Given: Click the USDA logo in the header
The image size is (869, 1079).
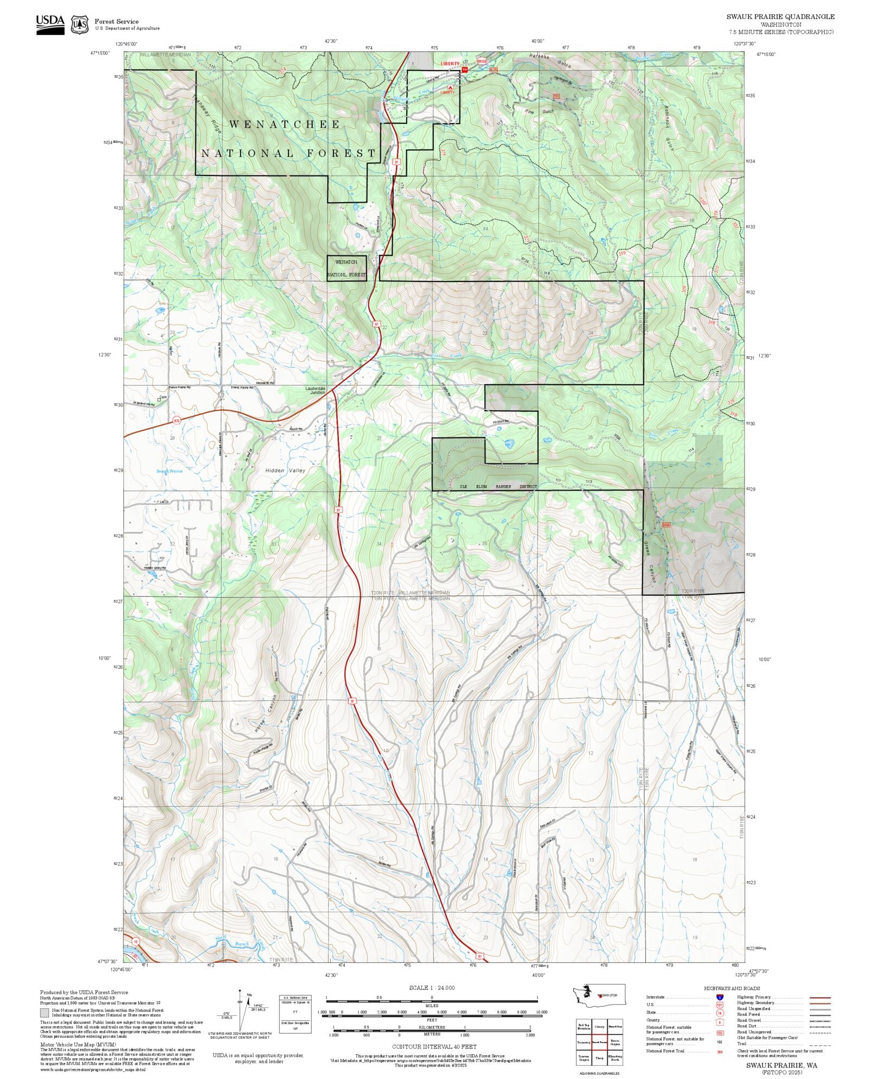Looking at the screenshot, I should (x=50, y=24).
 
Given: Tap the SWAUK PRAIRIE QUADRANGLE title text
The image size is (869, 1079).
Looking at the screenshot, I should (x=780, y=17).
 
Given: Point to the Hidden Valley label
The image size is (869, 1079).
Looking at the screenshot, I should (x=285, y=471).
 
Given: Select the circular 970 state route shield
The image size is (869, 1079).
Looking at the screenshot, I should (x=177, y=421).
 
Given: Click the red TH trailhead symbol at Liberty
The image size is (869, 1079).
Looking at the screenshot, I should (x=464, y=70).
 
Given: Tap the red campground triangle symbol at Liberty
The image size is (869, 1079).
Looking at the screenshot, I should (x=450, y=87).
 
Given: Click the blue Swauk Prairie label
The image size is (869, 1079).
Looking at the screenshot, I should (x=169, y=471).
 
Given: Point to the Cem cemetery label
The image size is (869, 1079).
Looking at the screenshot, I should (x=162, y=397).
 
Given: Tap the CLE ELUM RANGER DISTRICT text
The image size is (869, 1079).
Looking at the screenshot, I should (x=498, y=487).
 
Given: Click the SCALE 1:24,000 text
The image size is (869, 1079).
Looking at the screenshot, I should (x=432, y=987).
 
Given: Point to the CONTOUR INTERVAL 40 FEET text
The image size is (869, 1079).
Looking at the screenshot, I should (x=434, y=1046).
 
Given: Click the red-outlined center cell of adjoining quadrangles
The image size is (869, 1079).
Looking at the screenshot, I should (x=599, y=1042).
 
